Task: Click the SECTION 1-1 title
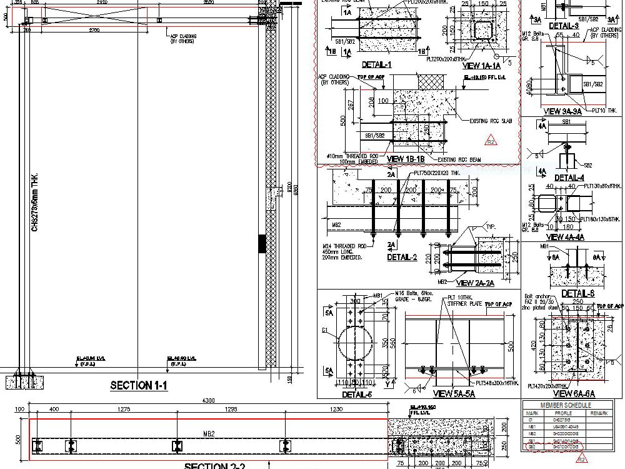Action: coord(139,386)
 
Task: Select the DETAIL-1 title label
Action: coord(376,64)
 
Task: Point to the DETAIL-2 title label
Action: coord(402,257)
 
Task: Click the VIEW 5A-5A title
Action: coord(454,393)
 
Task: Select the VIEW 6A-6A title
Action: coord(574,394)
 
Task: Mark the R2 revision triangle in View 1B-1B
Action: coord(491,139)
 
